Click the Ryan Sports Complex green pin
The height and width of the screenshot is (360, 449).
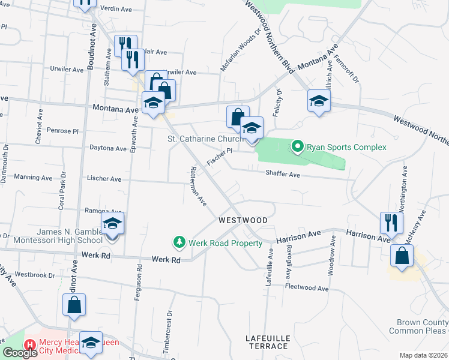(297, 146)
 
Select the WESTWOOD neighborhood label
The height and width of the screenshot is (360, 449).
(243, 220)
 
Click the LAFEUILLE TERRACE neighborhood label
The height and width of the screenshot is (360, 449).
(268, 343)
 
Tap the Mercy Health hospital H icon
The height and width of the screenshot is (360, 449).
(29, 345)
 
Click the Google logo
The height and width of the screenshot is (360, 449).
(20, 353)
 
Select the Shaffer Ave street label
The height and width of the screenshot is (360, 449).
(282, 174)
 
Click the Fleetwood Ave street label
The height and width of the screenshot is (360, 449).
(308, 289)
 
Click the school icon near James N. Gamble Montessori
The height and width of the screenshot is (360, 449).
(112, 224)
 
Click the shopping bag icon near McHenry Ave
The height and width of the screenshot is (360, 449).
(402, 256)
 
